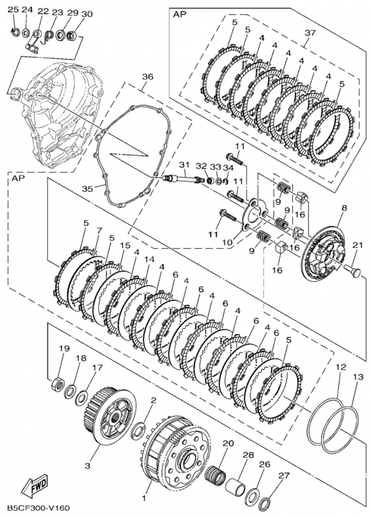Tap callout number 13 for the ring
pyautogui.click(x=357, y=377)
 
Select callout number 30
pyautogui.click(x=87, y=14)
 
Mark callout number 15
pyautogui.click(x=125, y=245)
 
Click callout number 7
pyautogui.click(x=99, y=231)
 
